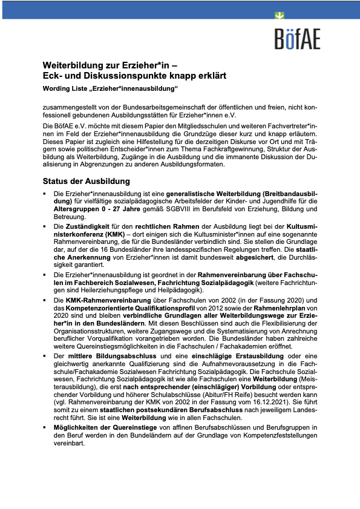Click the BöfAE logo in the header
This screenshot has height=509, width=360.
[x=296, y=39]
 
